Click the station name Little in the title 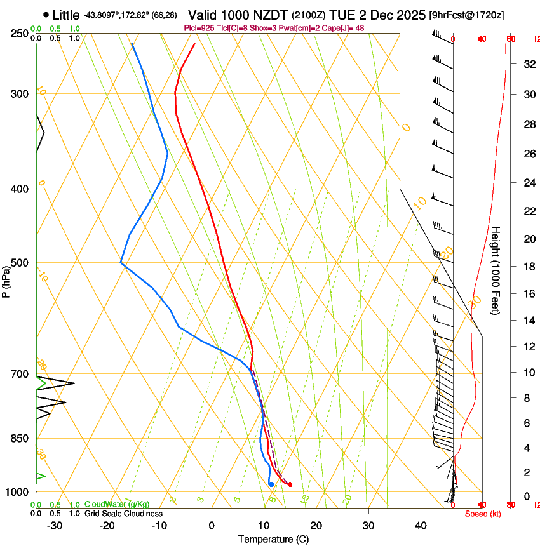pos(66,15)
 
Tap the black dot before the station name pos(46,15)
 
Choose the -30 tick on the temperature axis pos(55,525)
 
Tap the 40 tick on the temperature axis pos(421,525)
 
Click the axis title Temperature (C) pos(273,539)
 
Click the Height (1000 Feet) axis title pos(496,270)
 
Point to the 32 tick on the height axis pos(528,64)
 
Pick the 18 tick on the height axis pos(528,267)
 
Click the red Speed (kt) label pos(482,514)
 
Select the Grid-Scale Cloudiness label pos(123,514)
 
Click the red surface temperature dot pos(290,484)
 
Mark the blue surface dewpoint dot pos(271,484)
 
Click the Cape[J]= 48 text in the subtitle pos(346,28)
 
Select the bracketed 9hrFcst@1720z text pos(466,15)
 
